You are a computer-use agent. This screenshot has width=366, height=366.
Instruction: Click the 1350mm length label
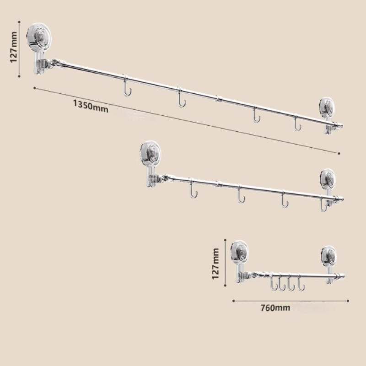91,106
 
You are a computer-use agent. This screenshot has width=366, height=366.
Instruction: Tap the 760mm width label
275,308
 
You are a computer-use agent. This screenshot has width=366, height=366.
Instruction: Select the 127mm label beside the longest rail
14,47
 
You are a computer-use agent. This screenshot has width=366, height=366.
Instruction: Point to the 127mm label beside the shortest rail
215,264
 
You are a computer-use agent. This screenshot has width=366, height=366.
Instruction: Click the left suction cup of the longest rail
39,36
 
